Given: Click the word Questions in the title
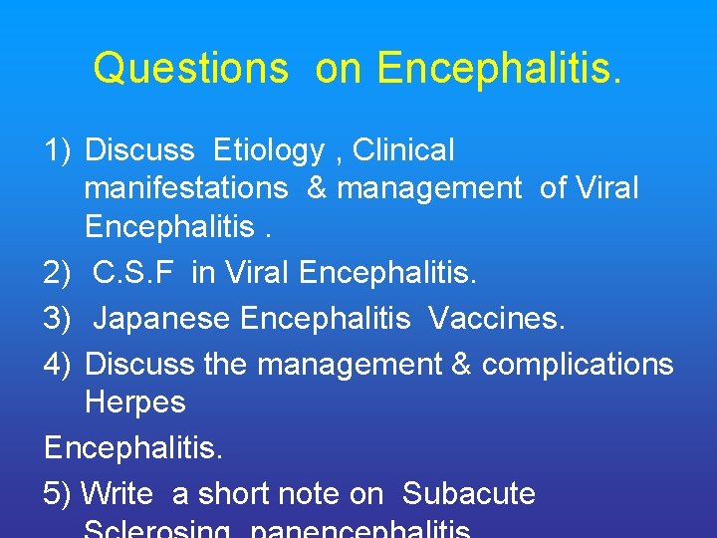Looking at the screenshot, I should pyautogui.click(x=190, y=69).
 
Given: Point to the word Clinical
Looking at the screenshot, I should pyautogui.click(x=403, y=150).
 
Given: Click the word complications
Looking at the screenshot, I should pyautogui.click(x=579, y=365).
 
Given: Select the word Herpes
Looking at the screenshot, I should pyautogui.click(x=135, y=402).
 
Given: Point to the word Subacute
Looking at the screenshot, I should pyautogui.click(x=469, y=493).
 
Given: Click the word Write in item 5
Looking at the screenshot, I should pyautogui.click(x=117, y=493).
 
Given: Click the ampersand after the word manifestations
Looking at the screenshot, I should pyautogui.click(x=318, y=187).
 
